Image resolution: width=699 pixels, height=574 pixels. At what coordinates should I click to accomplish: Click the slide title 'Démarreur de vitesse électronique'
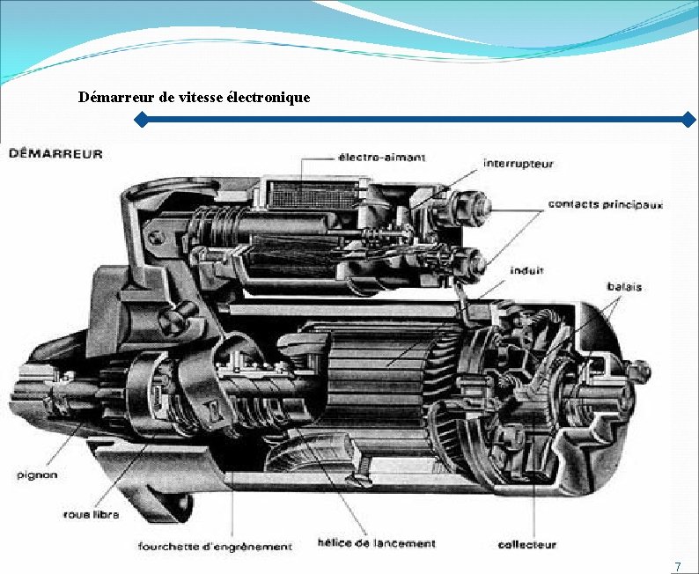tap(194, 97)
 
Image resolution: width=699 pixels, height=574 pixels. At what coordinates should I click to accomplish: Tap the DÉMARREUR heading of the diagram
tap(55, 154)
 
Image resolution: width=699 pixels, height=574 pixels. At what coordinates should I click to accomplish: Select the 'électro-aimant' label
tap(381, 158)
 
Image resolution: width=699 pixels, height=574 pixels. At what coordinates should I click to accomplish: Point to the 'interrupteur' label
tap(519, 164)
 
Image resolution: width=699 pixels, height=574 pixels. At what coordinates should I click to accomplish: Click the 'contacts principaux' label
tap(606, 204)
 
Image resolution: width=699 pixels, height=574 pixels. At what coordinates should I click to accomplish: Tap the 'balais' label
tap(624, 287)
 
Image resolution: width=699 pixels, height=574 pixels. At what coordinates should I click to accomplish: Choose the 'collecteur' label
tap(526, 545)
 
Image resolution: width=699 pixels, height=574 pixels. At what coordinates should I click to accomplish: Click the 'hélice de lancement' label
tap(376, 543)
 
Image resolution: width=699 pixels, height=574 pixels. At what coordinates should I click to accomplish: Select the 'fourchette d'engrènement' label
tap(215, 546)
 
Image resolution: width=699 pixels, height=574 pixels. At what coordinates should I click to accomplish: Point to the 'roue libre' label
tap(91, 513)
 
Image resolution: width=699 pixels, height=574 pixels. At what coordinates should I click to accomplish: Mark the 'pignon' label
tap(37, 475)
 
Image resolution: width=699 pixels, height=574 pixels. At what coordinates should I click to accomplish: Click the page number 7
tap(677, 566)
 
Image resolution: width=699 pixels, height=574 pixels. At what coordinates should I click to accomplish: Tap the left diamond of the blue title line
tap(140, 119)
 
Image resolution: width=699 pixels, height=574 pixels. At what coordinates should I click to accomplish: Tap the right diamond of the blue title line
tap(689, 119)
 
